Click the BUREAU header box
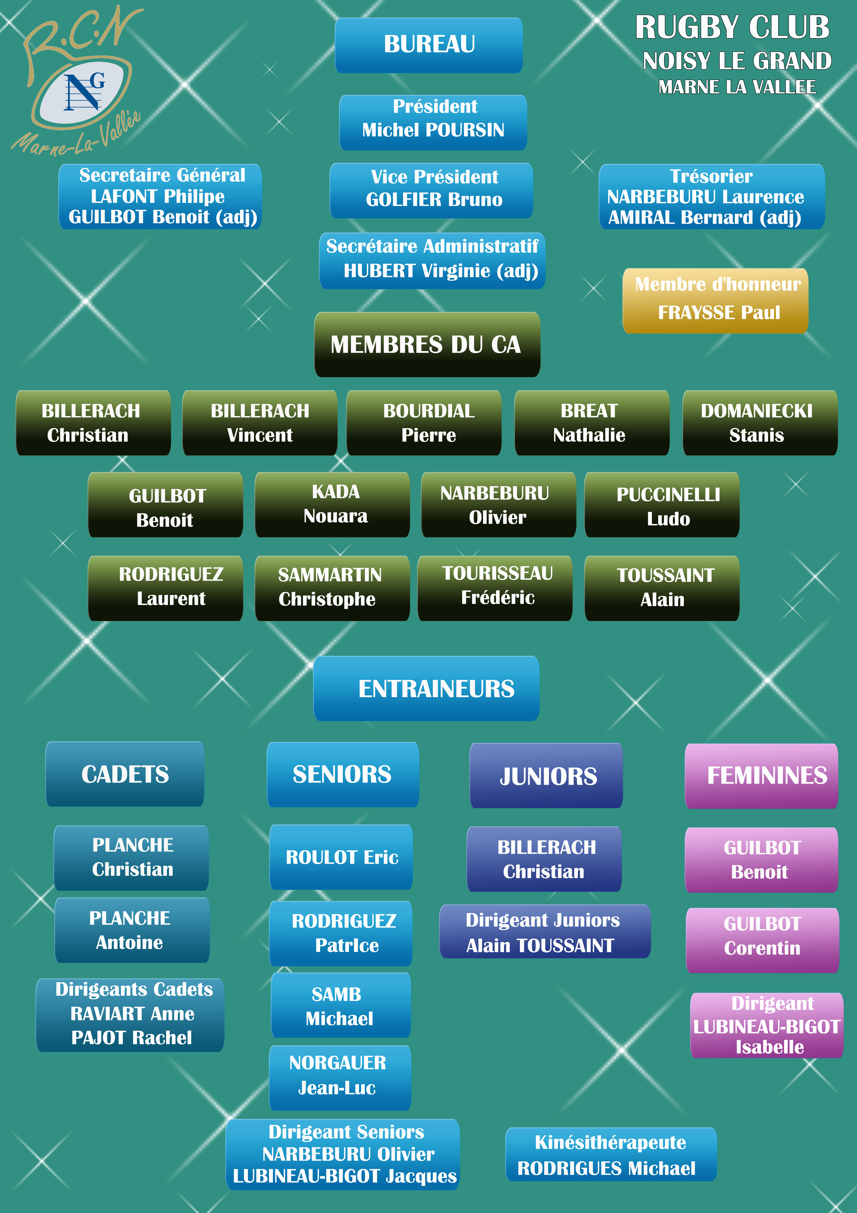coord(429,45)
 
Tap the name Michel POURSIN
coord(433,130)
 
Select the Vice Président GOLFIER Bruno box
coord(431,190)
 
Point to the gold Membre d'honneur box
coord(716,300)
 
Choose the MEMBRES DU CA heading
coord(427,344)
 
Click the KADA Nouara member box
coord(332,505)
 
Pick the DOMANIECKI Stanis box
coord(760,423)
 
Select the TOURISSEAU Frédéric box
coord(495,587)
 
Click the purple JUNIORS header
coord(546,776)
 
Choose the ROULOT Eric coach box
coord(341,857)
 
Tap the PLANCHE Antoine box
coord(132,930)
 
